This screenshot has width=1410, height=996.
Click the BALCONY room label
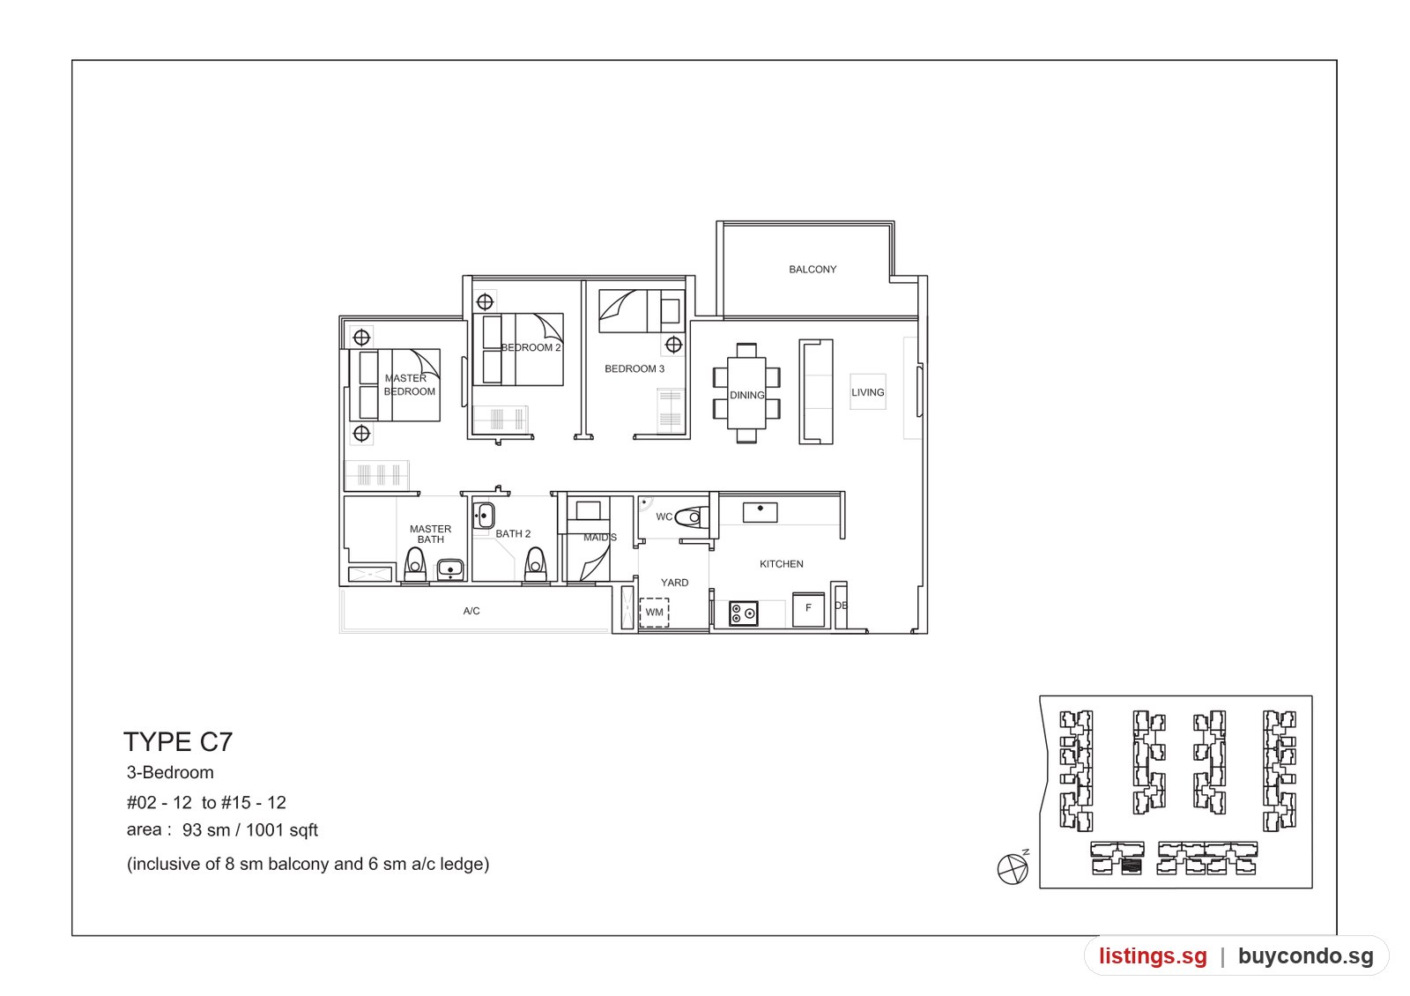point(813,270)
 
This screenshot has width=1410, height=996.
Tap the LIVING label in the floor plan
point(868,392)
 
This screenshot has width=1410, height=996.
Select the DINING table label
point(747,396)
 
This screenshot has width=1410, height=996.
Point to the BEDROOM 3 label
point(634,369)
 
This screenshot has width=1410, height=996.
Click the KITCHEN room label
point(781,564)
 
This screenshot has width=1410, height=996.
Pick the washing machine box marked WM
point(655,612)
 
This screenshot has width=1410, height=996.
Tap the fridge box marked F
point(808,609)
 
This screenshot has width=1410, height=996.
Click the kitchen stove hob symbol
point(744,613)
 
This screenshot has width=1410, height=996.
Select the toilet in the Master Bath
point(415,564)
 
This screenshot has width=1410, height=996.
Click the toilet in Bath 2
point(535,564)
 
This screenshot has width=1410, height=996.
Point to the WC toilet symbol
point(691,517)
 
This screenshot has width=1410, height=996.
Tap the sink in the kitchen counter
point(760,512)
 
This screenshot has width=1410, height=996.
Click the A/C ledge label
point(471,611)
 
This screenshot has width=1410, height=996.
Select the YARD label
point(674,583)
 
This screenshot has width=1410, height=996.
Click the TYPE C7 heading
point(178,742)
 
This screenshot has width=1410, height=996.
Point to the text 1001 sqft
point(281,830)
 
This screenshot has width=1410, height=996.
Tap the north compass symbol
point(1013,868)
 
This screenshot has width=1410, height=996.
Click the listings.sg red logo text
point(1153,956)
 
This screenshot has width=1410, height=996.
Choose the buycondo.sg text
point(1305,956)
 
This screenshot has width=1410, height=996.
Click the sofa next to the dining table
point(816,392)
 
